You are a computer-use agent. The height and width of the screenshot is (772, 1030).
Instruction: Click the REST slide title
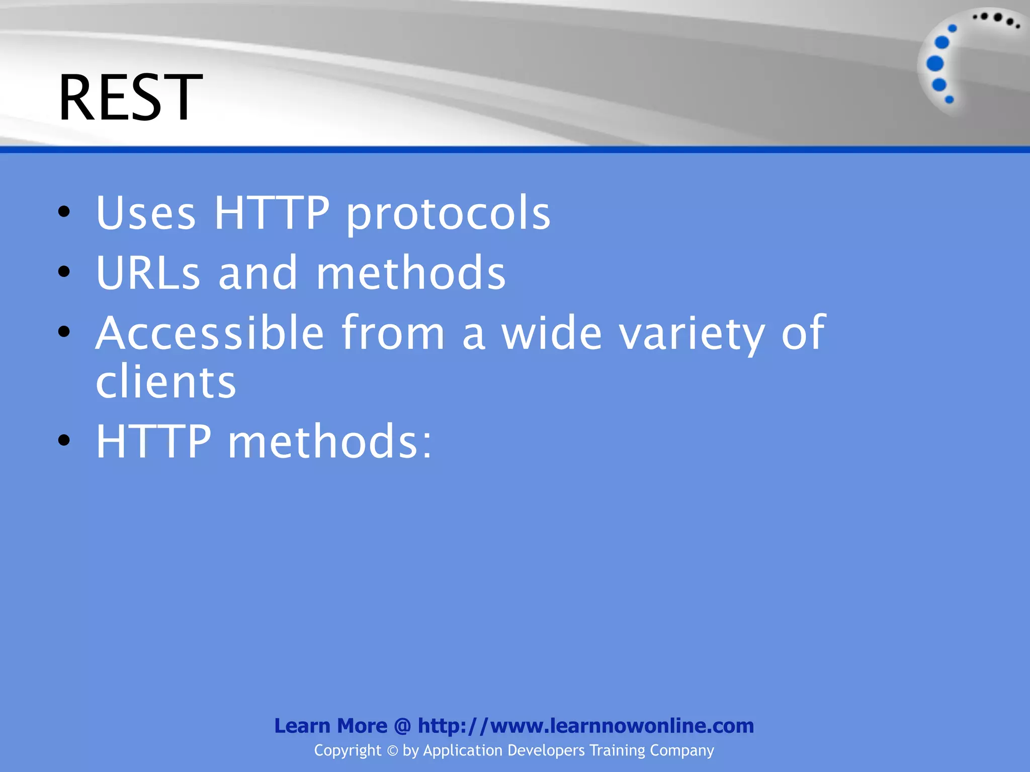point(130,98)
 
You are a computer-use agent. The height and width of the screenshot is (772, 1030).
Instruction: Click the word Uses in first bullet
point(145,213)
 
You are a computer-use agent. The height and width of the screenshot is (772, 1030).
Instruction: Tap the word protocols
point(448,214)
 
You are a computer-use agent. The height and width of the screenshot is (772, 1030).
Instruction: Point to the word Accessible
point(210,333)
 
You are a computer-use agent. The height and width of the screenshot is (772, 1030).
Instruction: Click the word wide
point(551,333)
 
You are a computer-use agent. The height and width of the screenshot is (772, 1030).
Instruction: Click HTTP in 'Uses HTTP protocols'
point(272,213)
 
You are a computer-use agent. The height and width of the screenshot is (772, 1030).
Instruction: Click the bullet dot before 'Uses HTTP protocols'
point(64,212)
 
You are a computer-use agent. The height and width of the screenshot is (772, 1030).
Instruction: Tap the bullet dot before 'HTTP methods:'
point(64,441)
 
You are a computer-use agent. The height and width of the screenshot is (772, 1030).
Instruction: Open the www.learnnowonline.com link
point(586,726)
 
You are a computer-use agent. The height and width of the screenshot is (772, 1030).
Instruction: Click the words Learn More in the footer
point(330,726)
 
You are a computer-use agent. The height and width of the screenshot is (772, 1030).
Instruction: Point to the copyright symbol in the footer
point(392,751)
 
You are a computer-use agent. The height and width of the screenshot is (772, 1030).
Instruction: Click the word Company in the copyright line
point(681,750)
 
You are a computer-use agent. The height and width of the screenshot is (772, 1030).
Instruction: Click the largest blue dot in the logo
point(935,64)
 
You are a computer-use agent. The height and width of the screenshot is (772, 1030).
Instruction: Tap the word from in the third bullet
point(393,333)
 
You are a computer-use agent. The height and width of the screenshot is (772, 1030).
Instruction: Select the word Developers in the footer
point(546,750)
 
